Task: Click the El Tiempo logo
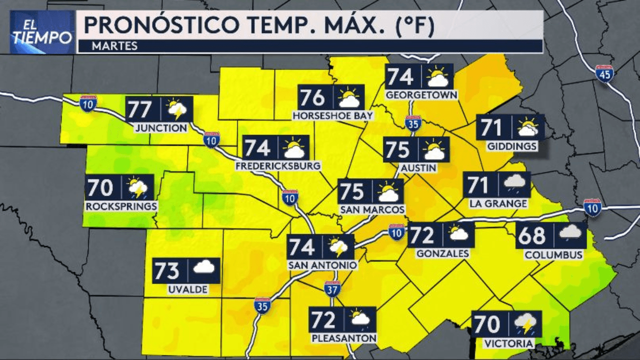coord(42,32)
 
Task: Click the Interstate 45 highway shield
coord(604,73)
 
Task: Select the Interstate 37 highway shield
coord(332,289)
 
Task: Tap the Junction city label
coord(161,128)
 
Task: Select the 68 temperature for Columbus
coord(532,235)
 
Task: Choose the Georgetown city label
coord(422,94)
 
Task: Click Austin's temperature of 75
coord(398,149)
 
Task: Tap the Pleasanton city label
coord(344,338)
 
